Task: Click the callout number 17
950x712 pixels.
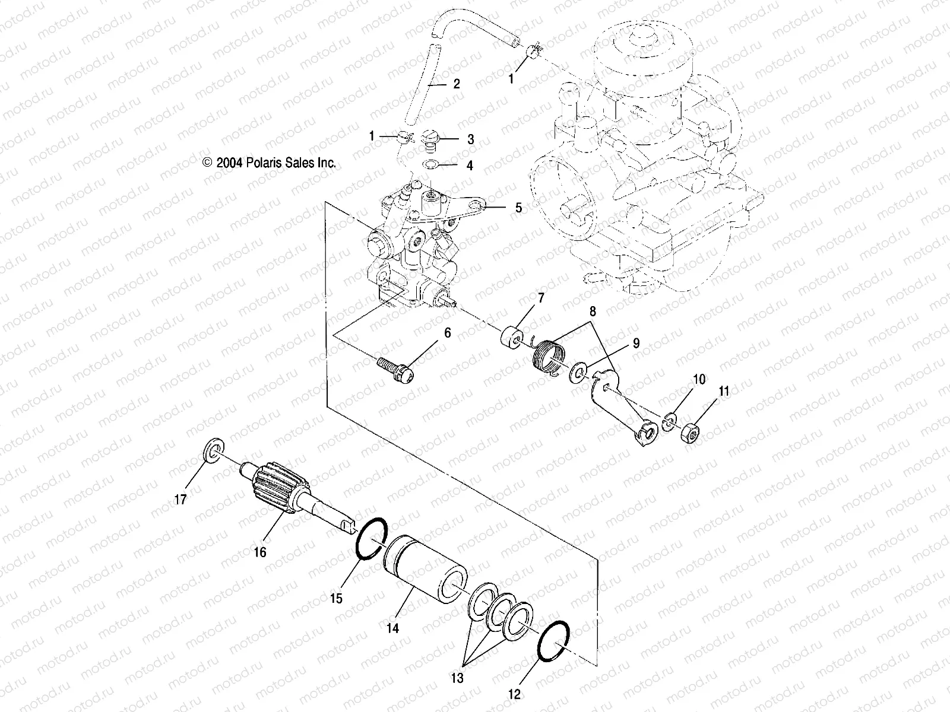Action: click(180, 499)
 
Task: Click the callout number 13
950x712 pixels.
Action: click(458, 678)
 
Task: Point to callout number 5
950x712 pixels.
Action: click(518, 208)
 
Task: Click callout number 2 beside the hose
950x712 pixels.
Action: click(456, 84)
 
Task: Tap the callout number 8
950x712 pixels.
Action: click(593, 310)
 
